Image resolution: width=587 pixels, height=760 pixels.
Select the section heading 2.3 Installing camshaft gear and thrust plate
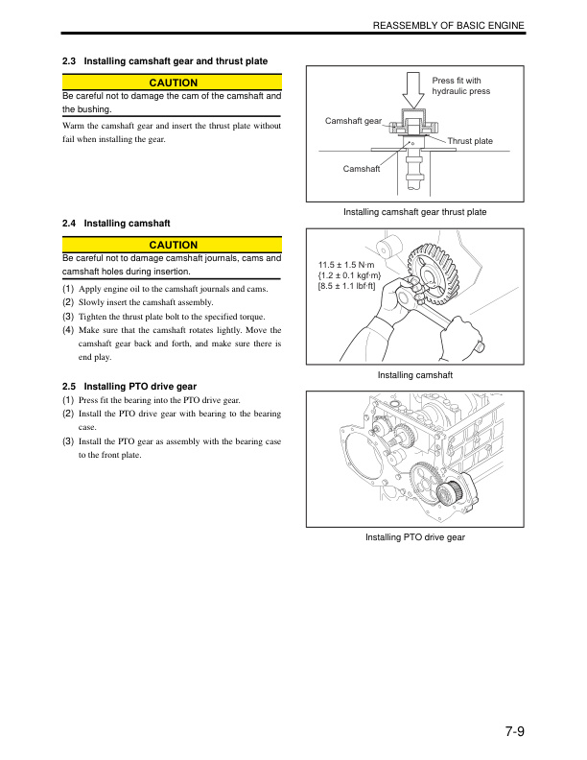164,62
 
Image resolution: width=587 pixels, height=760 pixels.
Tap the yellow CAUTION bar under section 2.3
172,83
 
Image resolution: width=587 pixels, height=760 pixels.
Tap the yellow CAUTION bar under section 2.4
172,246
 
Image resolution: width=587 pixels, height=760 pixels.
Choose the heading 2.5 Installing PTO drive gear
129,386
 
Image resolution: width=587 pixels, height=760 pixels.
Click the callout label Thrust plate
470,142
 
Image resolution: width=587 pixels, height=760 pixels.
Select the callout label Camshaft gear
353,121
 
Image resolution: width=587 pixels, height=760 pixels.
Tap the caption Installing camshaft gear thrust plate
414,212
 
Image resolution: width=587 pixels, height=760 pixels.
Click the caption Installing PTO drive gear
414,537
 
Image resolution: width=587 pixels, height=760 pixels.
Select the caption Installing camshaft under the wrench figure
414,375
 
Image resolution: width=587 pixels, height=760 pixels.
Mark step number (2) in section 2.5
68,414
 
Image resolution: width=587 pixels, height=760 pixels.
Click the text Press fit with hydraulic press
461,86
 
